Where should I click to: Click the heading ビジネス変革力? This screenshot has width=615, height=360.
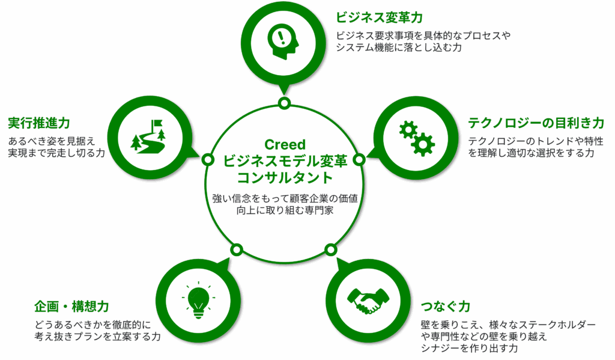pos(380,17)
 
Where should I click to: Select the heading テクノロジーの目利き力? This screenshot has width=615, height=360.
pos(536,123)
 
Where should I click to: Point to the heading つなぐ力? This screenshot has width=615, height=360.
pos(445,307)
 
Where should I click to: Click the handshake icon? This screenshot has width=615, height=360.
pos(368,301)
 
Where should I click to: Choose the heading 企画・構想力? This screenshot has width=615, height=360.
pos(71,307)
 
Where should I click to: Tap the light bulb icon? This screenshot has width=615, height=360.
pos(198,301)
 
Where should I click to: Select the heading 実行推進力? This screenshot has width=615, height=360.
pos(39,123)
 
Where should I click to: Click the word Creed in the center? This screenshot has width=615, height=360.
pos(285,144)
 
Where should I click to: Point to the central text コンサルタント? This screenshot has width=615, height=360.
pos(285,178)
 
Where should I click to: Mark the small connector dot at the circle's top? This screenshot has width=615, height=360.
pos(284,103)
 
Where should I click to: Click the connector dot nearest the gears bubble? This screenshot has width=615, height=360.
pos(359,160)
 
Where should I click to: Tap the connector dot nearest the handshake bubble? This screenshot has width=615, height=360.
pos(331,249)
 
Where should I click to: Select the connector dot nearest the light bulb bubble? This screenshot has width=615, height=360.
pos(237,249)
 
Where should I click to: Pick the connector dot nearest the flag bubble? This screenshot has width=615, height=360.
pos(208,160)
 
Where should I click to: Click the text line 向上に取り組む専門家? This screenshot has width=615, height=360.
pos(285,210)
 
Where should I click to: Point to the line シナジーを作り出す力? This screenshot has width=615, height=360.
pos(469,348)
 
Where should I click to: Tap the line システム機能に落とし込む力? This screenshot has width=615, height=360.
pos(399,47)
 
